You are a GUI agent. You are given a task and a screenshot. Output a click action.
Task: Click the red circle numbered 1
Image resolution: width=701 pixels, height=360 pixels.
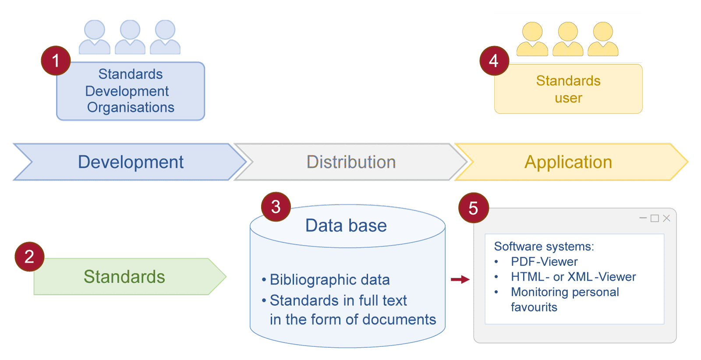point(56,60)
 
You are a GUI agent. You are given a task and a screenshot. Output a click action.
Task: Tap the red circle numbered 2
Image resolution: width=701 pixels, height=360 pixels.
point(29,257)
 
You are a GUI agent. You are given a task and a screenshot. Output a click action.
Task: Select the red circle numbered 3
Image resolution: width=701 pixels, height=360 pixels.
point(276,207)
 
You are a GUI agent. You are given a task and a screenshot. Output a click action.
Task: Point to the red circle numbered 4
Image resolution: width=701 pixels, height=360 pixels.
point(495,61)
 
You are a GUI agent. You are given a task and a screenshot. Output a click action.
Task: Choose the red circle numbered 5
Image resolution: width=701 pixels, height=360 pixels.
point(474,208)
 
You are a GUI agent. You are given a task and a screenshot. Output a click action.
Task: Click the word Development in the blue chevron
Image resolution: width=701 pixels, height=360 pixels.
point(131,162)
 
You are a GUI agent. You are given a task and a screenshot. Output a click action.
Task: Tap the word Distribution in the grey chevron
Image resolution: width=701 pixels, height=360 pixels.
point(351,162)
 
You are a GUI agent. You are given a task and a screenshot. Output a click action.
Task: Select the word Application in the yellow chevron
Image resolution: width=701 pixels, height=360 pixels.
point(568,162)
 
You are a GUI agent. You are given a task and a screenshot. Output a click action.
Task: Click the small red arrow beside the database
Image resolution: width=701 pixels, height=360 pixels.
point(460,279)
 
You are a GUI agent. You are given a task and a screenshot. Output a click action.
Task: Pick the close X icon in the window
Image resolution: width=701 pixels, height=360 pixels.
point(666,218)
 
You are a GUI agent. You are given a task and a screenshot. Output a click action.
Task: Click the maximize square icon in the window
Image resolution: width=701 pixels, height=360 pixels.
point(655,218)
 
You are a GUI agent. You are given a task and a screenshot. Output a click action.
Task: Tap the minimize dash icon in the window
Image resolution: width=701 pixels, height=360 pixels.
point(643,218)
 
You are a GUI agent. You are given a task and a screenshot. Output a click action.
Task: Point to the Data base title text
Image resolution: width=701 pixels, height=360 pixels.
point(346,226)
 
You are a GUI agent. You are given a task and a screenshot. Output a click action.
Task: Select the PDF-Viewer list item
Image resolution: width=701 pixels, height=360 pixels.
point(544,261)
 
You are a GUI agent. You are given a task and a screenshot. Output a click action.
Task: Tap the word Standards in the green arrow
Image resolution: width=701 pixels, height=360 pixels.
point(124,277)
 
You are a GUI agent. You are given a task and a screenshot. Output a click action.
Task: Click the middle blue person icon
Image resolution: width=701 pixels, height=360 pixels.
point(130,37)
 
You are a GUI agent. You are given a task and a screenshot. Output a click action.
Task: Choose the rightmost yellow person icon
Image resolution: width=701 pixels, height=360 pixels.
point(603,39)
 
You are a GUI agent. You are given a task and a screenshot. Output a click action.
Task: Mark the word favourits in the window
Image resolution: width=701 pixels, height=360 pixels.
point(534,307)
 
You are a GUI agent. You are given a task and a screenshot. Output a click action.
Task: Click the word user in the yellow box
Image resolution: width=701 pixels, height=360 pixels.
point(568,98)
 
